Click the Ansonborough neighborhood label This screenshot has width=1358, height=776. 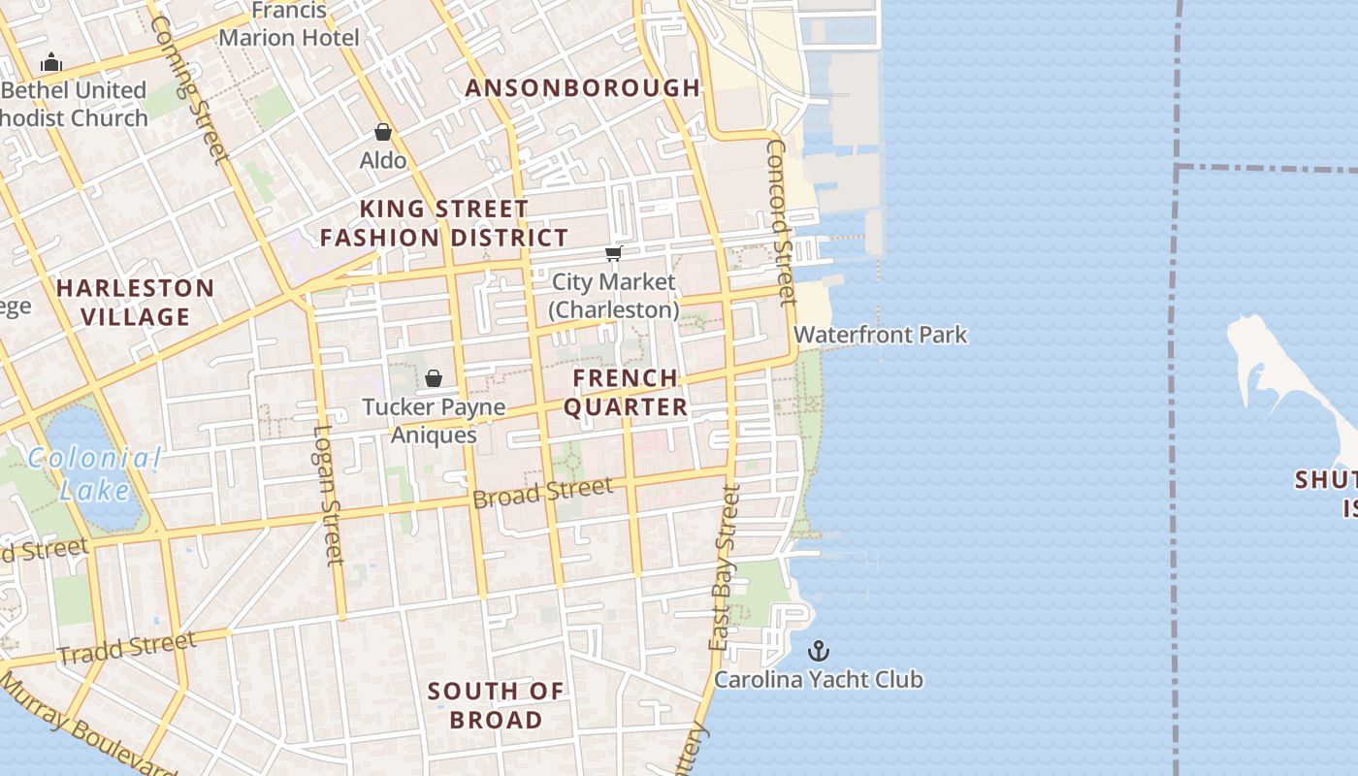click(x=582, y=87)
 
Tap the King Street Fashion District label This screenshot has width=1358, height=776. click(x=444, y=223)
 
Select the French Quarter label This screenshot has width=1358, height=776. click(x=626, y=392)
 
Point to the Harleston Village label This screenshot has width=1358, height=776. click(x=135, y=302)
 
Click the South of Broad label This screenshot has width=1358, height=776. click(x=496, y=705)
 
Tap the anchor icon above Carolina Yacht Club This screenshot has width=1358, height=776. click(x=820, y=650)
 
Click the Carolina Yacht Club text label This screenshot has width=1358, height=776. click(x=819, y=679)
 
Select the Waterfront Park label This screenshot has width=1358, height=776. click(x=880, y=335)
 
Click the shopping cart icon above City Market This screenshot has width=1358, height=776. click(x=613, y=253)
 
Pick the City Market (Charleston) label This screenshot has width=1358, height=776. click(x=613, y=296)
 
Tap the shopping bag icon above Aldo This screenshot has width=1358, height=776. click(x=383, y=132)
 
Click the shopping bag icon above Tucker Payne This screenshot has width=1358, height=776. click(x=434, y=378)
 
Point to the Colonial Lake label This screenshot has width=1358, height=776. click(x=94, y=473)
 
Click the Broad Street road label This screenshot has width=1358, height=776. click(x=543, y=492)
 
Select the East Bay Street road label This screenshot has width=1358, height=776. click(x=725, y=567)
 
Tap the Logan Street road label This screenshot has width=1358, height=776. click(x=330, y=495)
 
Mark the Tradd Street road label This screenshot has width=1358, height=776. click(x=126, y=647)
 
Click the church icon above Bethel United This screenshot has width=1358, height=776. click(x=51, y=63)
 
